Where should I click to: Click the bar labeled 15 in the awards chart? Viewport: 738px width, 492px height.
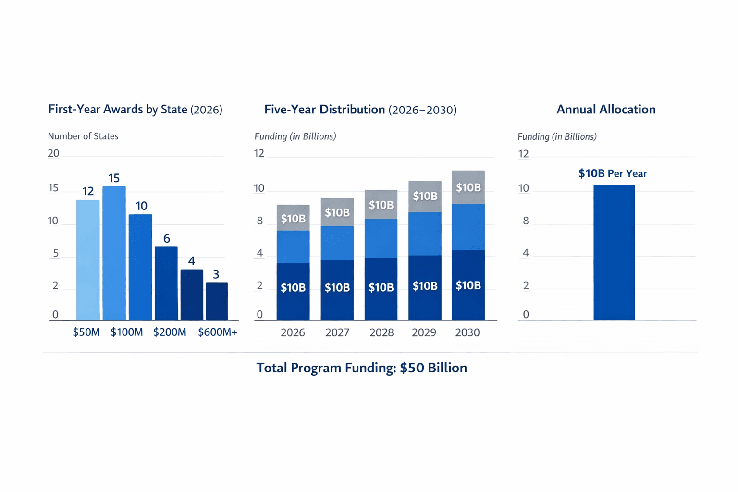point(114,253)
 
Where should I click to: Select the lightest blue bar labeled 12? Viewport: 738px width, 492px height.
point(88,260)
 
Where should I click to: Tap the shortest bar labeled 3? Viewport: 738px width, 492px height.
point(217,301)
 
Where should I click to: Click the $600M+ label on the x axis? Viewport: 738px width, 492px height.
point(217,332)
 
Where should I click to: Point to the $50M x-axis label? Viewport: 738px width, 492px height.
point(86,332)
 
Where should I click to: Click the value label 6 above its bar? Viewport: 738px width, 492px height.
point(167,238)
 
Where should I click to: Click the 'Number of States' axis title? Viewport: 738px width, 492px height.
point(83,136)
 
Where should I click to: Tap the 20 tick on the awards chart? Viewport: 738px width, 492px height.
point(53,153)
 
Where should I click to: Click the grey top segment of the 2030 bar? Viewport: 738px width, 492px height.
point(468,187)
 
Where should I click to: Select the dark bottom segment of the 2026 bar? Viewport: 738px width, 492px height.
point(293,292)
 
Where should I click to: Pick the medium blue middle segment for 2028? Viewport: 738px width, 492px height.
point(381,238)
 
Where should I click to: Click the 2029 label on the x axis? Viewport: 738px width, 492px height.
point(424,332)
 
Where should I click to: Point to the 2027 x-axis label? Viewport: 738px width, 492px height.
point(337,332)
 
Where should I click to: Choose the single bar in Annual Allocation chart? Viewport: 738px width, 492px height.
point(614,252)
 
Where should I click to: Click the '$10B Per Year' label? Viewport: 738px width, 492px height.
point(613,173)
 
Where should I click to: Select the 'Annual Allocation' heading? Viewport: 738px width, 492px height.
point(606,110)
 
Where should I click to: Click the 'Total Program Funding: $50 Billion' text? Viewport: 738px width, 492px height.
point(361,368)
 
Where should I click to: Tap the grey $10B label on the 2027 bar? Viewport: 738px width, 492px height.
point(337,212)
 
